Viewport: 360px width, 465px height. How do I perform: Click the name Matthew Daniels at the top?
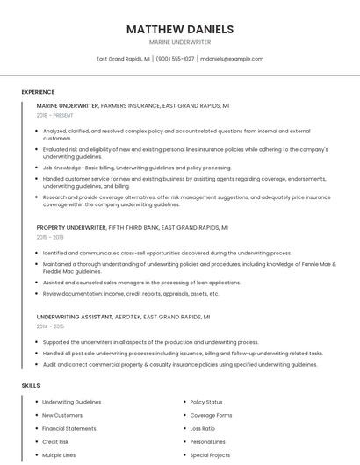pyautogui.click(x=180, y=29)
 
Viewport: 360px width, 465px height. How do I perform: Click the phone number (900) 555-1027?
pyautogui.click(x=175, y=59)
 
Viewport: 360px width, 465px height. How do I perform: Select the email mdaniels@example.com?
pyautogui.click(x=232, y=59)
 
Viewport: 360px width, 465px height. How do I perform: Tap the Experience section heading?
pyautogui.click(x=38, y=92)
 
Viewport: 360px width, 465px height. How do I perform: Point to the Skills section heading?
pyautogui.click(x=31, y=385)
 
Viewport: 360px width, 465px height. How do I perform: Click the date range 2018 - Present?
pyautogui.click(x=54, y=115)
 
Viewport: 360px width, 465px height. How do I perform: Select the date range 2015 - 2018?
pyautogui.click(x=50, y=237)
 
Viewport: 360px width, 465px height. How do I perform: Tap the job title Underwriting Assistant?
pyautogui.click(x=74, y=316)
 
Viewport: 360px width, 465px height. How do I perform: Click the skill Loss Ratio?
pyautogui.click(x=203, y=428)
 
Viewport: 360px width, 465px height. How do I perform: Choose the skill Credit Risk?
pyautogui.click(x=55, y=442)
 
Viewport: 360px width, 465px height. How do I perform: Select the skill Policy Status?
pyautogui.click(x=206, y=401)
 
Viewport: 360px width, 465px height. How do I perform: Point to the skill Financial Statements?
pyautogui.click(x=69, y=428)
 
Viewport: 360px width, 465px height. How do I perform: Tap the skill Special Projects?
pyautogui.click(x=210, y=455)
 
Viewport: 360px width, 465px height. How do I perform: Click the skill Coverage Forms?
pyautogui.click(x=211, y=415)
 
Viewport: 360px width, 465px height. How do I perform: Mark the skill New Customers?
pyautogui.click(x=61, y=415)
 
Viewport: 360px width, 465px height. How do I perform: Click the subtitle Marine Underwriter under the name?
pyautogui.click(x=180, y=41)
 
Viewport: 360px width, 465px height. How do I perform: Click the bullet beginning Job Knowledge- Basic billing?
pyautogui.click(x=136, y=168)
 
